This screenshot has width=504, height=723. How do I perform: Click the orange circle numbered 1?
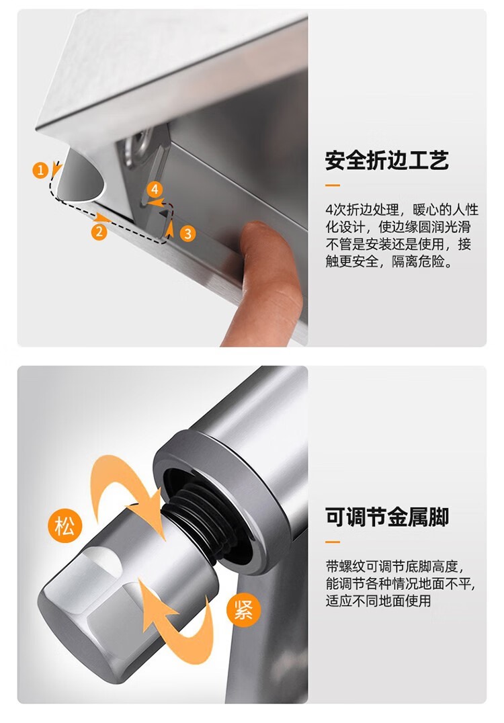(40, 170)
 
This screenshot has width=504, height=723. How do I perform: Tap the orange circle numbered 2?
(99, 231)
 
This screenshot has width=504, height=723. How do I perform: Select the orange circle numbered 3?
(187, 234)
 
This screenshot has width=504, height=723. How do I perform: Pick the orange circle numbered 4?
(155, 189)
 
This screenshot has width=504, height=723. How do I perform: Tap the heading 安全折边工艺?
(386, 161)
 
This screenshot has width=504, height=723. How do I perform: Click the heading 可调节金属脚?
(386, 517)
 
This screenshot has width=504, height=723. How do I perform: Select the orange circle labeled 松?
(65, 525)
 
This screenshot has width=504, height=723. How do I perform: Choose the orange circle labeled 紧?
(243, 609)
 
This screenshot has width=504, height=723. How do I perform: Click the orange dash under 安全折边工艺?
(333, 185)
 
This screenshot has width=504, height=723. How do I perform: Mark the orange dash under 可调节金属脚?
(333, 542)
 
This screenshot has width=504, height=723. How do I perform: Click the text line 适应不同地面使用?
(378, 601)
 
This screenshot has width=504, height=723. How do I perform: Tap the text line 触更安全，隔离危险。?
(390, 261)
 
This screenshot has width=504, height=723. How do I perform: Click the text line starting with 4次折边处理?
(402, 210)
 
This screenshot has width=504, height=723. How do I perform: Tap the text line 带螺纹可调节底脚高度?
(394, 566)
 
